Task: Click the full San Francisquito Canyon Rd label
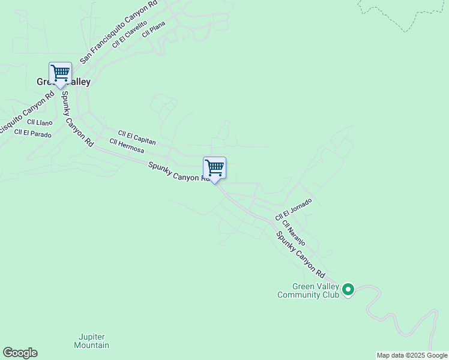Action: (119, 31)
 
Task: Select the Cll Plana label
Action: (153, 29)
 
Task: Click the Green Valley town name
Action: (64, 82)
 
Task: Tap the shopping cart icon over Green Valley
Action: (60, 73)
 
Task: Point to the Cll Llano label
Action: (40, 122)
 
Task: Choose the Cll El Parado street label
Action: (33, 133)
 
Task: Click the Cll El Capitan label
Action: (137, 138)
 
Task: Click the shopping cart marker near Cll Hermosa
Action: (214, 168)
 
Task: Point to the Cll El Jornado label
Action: (294, 209)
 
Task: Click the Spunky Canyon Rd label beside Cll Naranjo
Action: (300, 251)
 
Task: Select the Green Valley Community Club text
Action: (308, 291)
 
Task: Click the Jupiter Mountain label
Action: (92, 341)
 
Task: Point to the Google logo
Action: (20, 353)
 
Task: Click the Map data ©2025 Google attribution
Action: (412, 355)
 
